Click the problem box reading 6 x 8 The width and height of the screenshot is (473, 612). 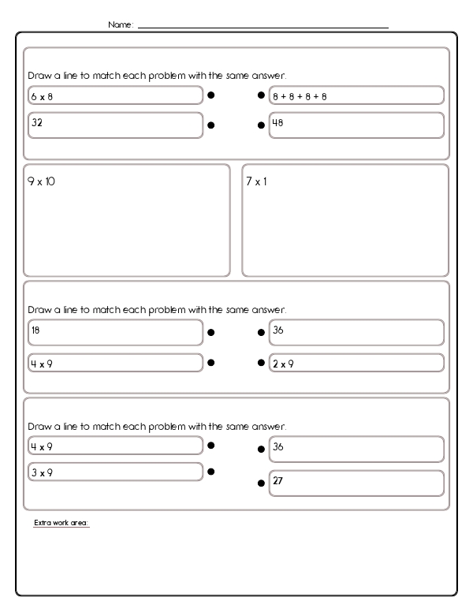click(115, 95)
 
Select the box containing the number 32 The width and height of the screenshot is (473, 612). click(115, 125)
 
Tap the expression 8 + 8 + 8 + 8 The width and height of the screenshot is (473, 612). click(356, 95)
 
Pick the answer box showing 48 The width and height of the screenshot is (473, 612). click(356, 125)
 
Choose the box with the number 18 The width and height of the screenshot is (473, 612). click(115, 332)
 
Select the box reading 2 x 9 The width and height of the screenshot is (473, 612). click(356, 364)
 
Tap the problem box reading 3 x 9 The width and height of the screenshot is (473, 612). click(115, 472)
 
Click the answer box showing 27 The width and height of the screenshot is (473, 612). click(356, 483)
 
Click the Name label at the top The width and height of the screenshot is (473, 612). click(121, 25)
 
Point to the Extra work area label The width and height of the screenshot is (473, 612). click(61, 523)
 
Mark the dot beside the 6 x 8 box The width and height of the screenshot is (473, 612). click(211, 95)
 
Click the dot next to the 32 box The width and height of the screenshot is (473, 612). click(211, 125)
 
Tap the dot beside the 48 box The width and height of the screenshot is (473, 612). click(261, 125)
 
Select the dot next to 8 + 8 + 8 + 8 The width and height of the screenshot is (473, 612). click(261, 95)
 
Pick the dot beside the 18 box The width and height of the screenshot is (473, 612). click(211, 333)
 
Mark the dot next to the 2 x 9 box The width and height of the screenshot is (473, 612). click(261, 364)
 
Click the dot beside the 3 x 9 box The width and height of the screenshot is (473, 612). click(211, 472)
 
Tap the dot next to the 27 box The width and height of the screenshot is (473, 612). click(261, 483)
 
